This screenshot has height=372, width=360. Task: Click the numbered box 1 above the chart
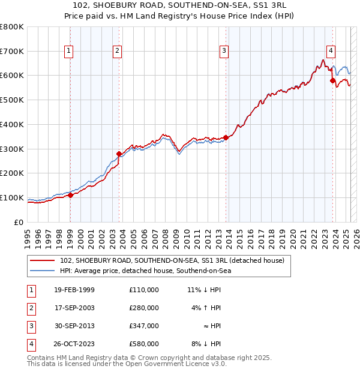[x=70, y=51]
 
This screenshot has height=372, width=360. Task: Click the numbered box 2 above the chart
[x=117, y=51]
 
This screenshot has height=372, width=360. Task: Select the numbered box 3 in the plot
[x=223, y=51]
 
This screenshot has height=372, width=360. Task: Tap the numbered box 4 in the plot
[x=331, y=51]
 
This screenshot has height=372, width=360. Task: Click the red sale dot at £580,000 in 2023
[x=332, y=79]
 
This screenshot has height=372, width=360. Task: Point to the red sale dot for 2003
[x=119, y=154]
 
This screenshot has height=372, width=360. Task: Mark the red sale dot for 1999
[x=70, y=195]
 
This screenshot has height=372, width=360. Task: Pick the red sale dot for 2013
[x=226, y=137]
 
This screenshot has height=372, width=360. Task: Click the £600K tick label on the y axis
[x=12, y=76]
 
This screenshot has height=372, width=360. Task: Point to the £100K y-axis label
[x=12, y=197]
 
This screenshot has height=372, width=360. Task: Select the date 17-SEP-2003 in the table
[x=74, y=308]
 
